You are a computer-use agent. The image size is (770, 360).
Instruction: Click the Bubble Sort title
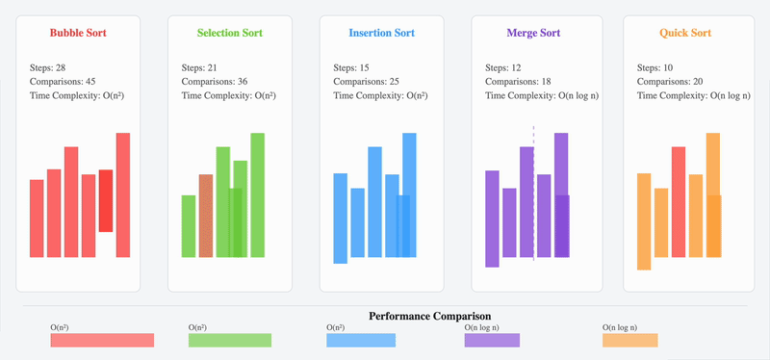78,33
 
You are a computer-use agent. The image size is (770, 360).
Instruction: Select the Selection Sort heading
230,33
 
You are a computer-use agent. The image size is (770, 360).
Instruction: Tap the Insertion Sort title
381,33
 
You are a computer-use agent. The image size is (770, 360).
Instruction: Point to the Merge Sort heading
533,33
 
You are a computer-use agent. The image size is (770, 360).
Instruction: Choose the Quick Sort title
685,33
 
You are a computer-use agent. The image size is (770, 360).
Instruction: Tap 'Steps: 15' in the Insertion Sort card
353,67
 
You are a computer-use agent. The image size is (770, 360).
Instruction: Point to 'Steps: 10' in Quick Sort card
656,67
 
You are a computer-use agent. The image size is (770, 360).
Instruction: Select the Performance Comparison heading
429,316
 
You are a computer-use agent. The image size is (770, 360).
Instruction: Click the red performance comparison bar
102,340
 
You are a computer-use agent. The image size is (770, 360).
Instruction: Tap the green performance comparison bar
230,340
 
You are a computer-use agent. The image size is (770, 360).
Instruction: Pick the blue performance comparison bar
361,340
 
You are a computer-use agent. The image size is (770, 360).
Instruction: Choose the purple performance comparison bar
492,340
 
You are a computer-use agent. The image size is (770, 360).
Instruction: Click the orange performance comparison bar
629,340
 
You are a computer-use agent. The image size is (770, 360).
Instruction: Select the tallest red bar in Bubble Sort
123,194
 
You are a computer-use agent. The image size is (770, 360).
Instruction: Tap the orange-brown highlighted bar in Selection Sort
205,216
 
